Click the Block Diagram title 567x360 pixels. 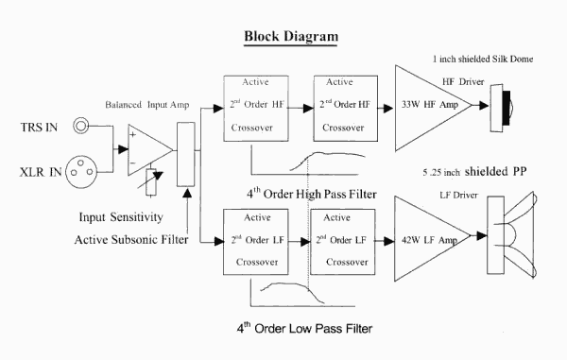point(291,37)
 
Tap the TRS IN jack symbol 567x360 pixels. point(80,126)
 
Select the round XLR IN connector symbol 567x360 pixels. point(81,172)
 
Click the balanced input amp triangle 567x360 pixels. point(150,150)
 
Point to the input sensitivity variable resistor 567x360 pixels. point(151,182)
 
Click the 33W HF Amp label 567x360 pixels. point(430,105)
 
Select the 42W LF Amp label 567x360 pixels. point(430,240)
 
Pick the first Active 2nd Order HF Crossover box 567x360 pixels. point(256,109)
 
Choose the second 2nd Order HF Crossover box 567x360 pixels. point(346,109)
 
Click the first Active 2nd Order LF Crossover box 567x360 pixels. point(256,242)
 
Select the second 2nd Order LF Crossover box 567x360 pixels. point(343,242)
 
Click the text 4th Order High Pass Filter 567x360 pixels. point(312,194)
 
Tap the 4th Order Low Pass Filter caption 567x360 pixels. point(304,328)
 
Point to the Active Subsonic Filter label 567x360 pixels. point(131,240)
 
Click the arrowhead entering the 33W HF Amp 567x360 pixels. point(388,108)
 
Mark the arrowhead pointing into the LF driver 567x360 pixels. point(482,236)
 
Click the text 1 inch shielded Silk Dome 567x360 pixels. point(483,59)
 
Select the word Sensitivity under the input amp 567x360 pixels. point(137,217)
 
